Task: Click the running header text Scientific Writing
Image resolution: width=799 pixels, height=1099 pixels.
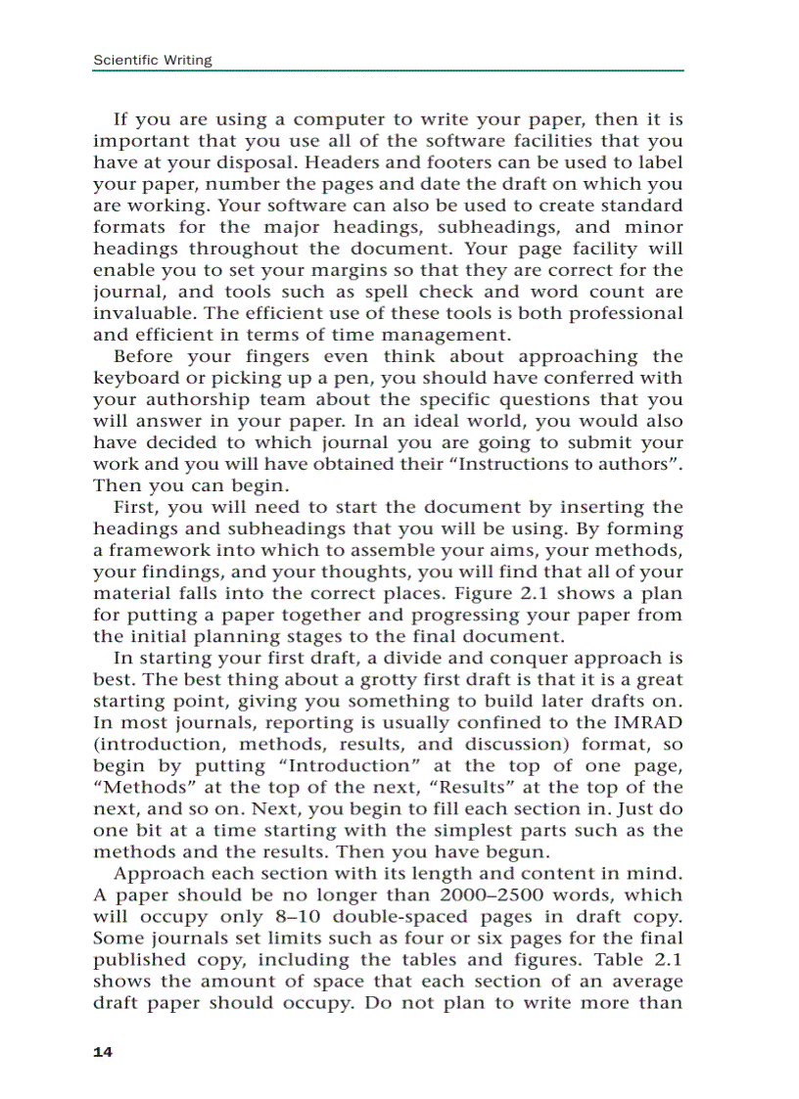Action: [152, 61]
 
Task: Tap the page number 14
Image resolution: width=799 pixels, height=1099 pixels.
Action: [103, 1052]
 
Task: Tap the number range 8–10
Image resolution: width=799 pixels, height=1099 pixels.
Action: [288, 916]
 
